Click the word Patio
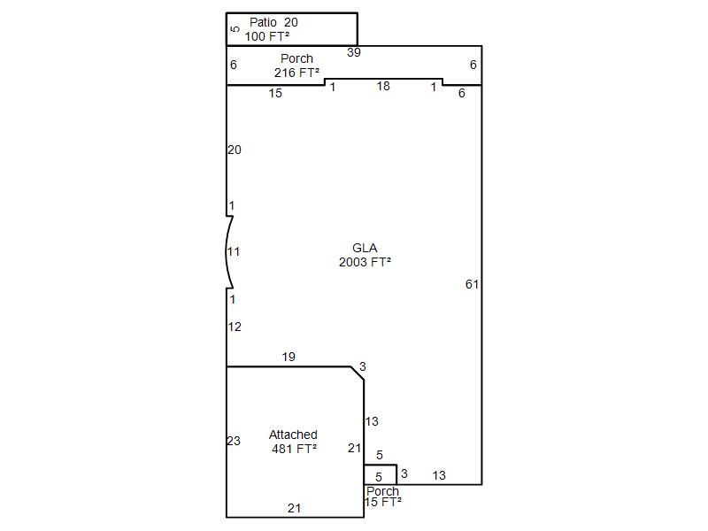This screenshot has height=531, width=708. (x=263, y=22)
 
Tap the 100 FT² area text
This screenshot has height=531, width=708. (x=267, y=36)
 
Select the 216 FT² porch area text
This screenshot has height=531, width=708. (x=296, y=73)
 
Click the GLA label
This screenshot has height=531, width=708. (x=365, y=248)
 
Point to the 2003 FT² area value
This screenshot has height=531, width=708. (x=365, y=262)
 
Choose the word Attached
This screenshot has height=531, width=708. (x=293, y=435)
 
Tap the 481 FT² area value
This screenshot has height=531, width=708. (x=295, y=449)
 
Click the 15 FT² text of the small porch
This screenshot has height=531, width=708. (x=383, y=502)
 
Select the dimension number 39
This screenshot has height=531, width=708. (x=353, y=52)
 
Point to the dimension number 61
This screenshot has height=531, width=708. (x=472, y=284)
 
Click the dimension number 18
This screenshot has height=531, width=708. (x=383, y=86)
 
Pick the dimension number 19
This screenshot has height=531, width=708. (x=289, y=357)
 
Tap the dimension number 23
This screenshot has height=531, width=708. (x=234, y=441)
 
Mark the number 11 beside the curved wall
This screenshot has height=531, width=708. (x=233, y=251)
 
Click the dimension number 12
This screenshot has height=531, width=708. (x=235, y=327)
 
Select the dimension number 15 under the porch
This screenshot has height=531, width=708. (x=275, y=93)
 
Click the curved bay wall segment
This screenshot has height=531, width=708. (x=227, y=252)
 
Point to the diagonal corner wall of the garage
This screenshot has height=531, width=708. (x=358, y=373)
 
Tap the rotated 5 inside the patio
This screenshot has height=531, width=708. (x=235, y=29)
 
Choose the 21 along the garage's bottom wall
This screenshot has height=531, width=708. (x=294, y=508)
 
